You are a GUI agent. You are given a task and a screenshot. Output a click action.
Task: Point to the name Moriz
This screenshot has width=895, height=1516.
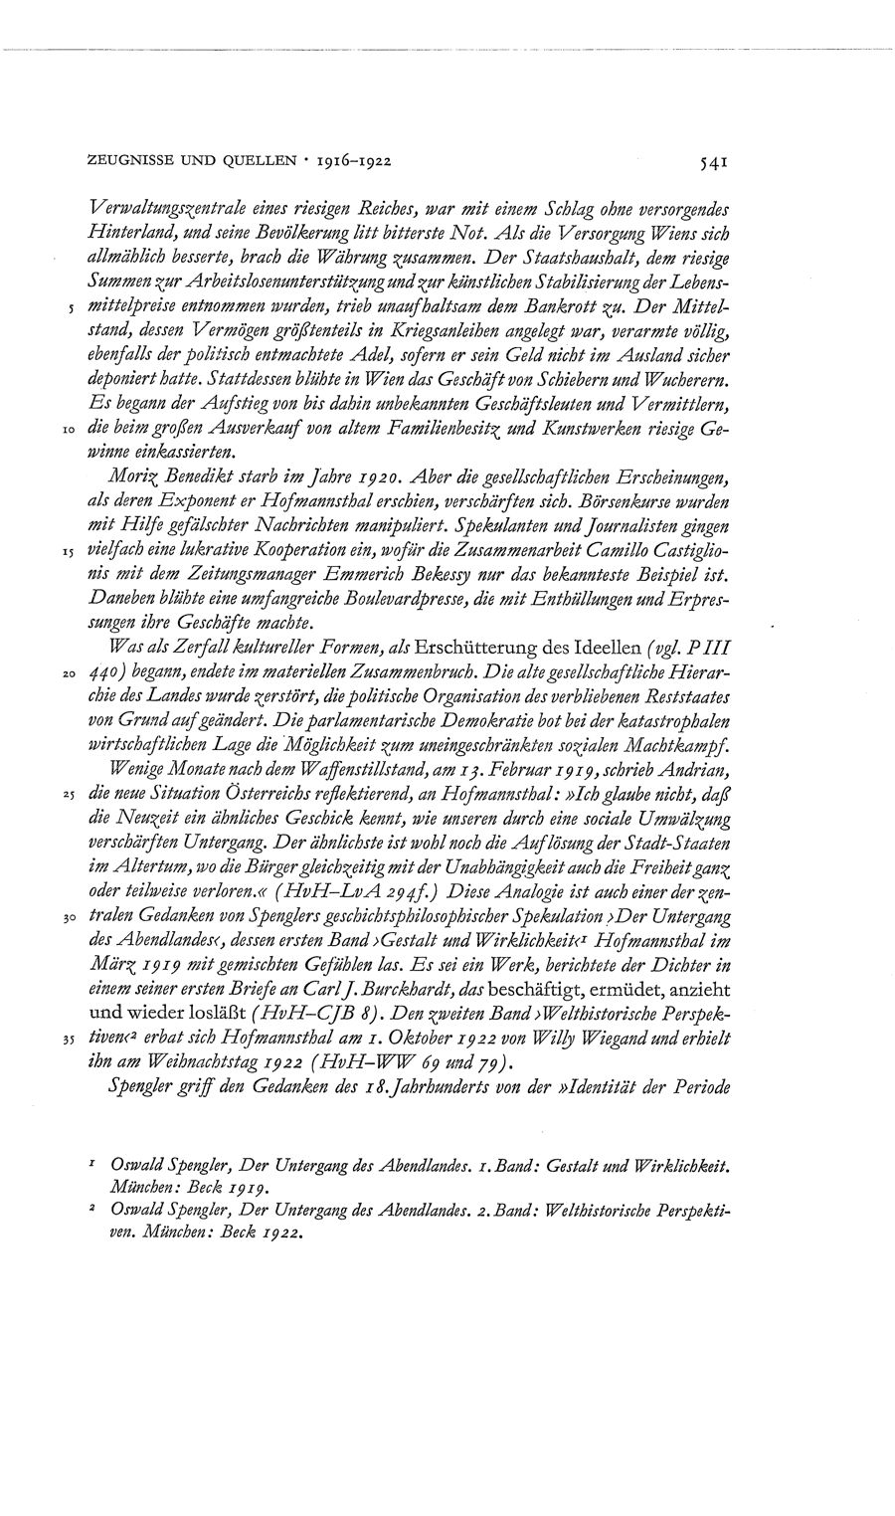(136, 476)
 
